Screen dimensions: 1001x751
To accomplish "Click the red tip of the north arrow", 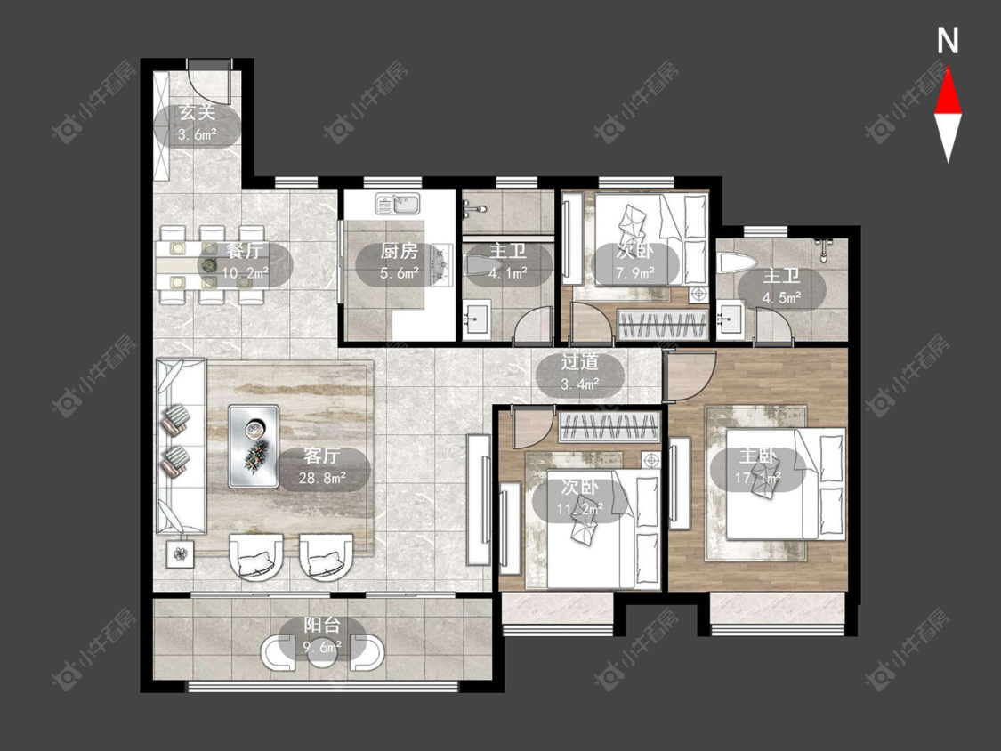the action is (948, 69).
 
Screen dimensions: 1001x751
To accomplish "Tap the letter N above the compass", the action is (948, 40).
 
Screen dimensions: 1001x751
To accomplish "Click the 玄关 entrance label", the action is (198, 114).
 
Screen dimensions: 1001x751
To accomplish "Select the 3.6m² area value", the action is (198, 134).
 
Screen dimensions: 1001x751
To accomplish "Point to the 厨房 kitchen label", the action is (400, 251).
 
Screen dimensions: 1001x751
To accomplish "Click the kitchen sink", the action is (397, 204).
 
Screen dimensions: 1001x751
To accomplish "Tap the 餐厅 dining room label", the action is (245, 251).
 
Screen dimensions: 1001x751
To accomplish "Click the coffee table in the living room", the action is (254, 447).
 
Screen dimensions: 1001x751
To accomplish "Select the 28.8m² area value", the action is (322, 477).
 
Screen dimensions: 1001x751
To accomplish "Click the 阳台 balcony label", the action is (322, 625).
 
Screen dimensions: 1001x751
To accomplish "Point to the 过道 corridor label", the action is (579, 362).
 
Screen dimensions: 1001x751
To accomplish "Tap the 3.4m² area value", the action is (579, 384).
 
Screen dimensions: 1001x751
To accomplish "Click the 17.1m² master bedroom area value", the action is (758, 478).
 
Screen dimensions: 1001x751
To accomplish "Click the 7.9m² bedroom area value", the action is (634, 272).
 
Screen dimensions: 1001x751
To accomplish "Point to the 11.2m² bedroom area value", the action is (580, 509).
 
